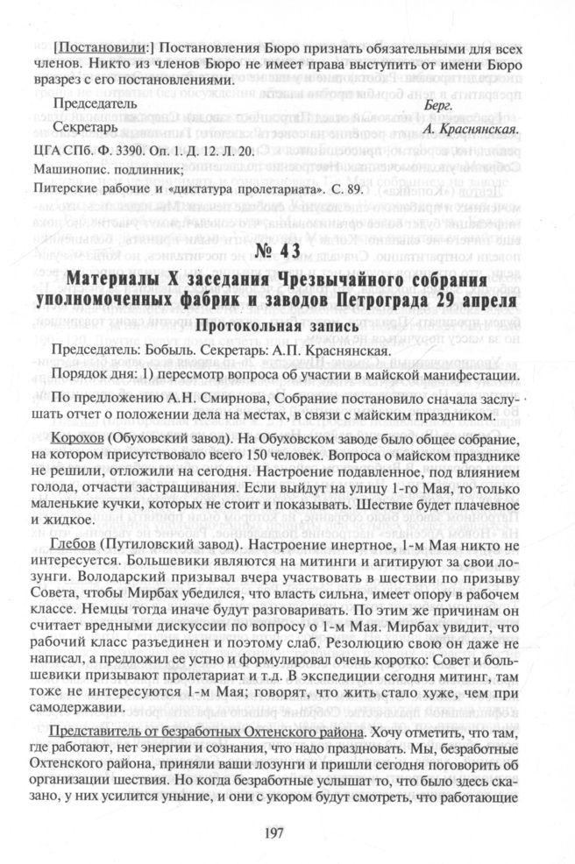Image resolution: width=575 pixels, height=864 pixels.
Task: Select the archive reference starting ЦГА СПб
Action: pos(144,151)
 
